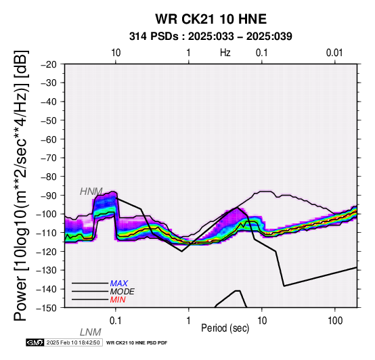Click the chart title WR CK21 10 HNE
211,19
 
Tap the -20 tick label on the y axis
49,64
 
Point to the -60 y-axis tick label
49,139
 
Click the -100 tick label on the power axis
47,214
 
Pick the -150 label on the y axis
47,308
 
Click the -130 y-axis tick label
47,270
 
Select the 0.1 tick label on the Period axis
116,321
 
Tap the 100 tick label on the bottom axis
335,321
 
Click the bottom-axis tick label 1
189,321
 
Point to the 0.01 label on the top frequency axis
335,53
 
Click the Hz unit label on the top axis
225,53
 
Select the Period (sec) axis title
225,328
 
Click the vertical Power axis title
21,185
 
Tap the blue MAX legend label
119,284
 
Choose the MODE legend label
123,292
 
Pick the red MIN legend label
118,300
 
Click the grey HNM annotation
91,192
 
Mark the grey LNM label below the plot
91,332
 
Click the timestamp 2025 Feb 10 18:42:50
73,342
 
